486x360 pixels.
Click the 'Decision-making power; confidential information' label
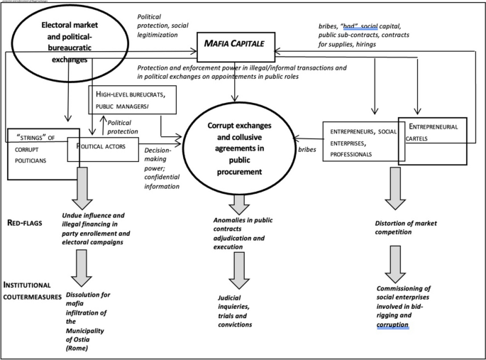(x=161, y=168)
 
